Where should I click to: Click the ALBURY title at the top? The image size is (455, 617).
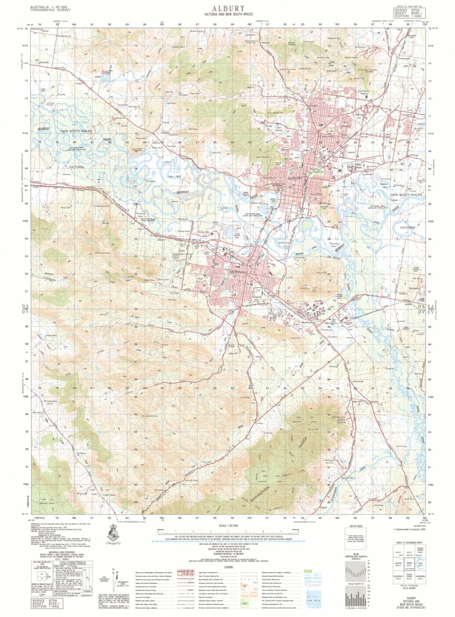click(228, 8)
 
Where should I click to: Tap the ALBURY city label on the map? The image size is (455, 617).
click(295, 178)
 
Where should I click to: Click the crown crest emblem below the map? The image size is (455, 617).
click(114, 535)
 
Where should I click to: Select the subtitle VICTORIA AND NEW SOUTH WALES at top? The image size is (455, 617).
click(228, 15)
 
